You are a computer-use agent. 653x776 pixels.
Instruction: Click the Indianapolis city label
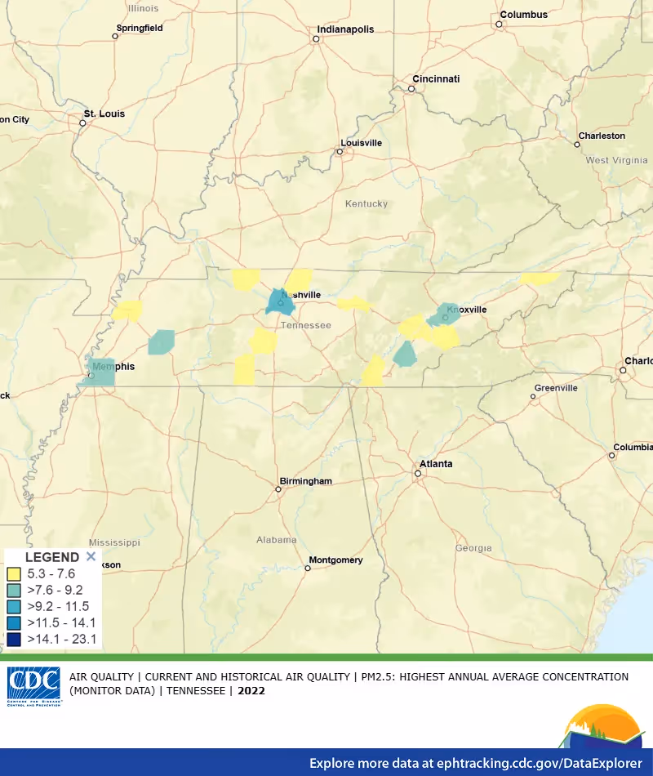coord(344,29)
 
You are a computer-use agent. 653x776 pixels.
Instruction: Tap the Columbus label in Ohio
coord(523,15)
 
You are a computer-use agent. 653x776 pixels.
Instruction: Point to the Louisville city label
coord(361,143)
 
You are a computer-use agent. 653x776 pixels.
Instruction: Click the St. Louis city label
coord(104,114)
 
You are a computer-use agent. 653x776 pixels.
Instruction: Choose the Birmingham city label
coord(305,481)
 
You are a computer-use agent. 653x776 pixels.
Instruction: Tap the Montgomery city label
coord(335,560)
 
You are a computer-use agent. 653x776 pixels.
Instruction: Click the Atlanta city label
coord(436,464)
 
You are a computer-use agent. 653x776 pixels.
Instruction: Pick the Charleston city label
coord(602,136)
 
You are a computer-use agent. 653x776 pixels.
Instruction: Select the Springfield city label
coord(140,28)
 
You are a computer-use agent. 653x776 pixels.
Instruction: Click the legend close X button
coord(91,556)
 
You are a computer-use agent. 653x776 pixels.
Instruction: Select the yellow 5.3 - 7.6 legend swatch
coord(14,574)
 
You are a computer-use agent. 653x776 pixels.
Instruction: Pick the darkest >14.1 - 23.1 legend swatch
coord(14,639)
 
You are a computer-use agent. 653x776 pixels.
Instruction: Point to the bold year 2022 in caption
coord(251,690)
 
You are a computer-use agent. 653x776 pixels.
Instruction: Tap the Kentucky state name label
coord(366,203)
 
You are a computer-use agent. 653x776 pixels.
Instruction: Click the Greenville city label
coord(555,388)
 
